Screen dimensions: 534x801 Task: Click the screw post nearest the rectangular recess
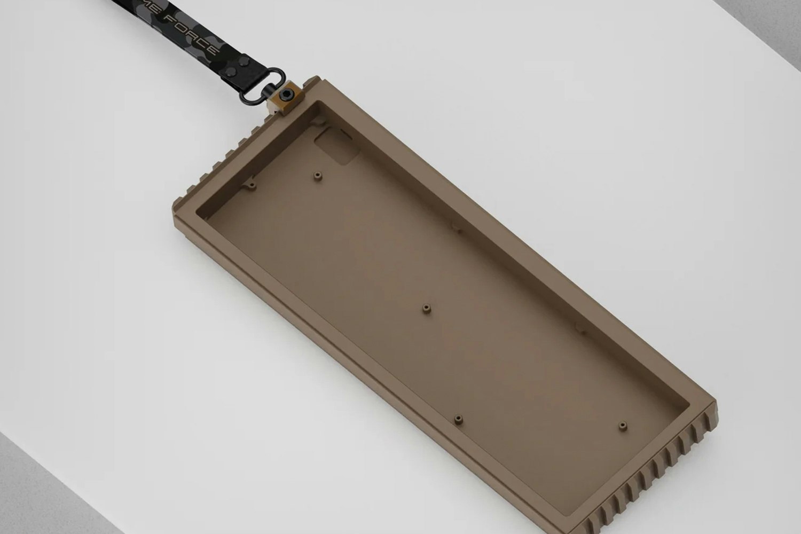click(319, 175)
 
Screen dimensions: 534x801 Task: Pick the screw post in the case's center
click(426, 308)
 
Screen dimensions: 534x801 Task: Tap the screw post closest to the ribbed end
click(622, 426)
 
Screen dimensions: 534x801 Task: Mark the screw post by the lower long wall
click(458, 419)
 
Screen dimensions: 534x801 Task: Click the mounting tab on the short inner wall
click(250, 187)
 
